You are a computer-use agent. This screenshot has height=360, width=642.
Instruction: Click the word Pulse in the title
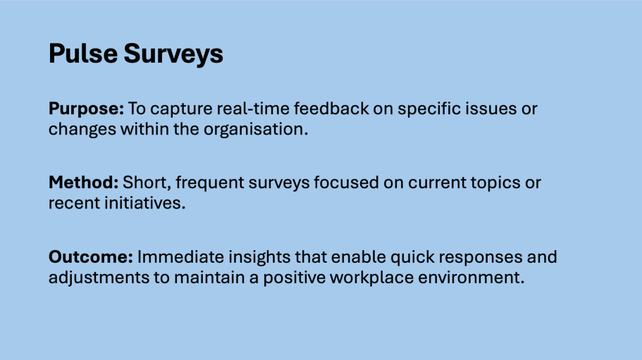(83, 54)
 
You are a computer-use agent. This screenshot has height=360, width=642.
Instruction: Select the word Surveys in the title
(173, 54)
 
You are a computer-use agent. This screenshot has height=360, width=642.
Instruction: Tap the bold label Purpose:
(86, 109)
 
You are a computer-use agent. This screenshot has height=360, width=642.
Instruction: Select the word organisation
(256, 130)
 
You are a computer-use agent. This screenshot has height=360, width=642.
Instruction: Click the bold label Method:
(84, 182)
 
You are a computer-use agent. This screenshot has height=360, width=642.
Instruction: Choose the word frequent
(209, 183)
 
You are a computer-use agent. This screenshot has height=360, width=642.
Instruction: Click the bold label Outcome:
(91, 257)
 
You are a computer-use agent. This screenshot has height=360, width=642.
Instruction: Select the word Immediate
(180, 257)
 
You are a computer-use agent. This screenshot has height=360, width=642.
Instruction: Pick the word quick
(412, 257)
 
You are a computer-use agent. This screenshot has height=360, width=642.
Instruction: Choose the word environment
(471, 278)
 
